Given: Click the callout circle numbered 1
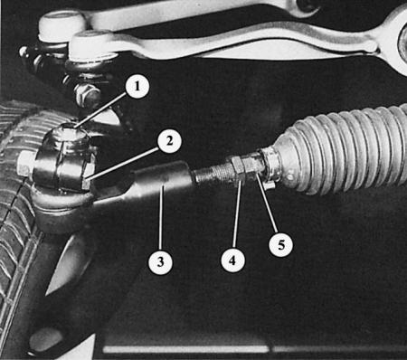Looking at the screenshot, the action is point(137,86).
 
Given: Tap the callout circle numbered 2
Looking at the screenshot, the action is point(169,140).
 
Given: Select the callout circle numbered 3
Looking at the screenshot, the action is point(160,261).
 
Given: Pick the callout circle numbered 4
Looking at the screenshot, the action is point(232,261).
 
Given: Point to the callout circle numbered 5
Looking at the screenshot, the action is point(280,244).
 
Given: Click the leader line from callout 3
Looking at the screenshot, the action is point(161,218).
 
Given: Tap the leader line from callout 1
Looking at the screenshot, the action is point(100,109).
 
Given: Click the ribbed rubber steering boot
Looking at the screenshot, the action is point(342,151).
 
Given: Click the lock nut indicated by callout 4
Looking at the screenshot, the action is point(236,169).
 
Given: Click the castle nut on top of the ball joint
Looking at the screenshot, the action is point(69,137).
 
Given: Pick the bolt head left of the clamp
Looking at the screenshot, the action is point(25,166).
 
